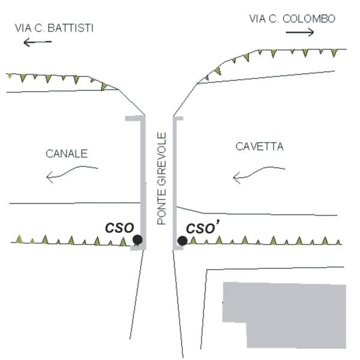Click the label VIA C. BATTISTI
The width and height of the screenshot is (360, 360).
54,28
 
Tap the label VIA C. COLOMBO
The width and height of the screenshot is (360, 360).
292,19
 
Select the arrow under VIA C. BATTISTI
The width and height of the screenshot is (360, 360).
38,42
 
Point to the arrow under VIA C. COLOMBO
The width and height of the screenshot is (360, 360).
300,32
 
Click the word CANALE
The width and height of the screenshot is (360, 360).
67,154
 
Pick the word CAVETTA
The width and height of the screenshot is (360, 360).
259,146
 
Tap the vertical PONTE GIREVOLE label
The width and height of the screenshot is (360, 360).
161,178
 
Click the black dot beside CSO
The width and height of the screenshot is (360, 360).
137,239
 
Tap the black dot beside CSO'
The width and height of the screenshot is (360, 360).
182,241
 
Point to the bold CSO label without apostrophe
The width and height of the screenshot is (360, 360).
119,228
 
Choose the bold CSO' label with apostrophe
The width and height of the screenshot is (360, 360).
203,227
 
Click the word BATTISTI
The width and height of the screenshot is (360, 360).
70,28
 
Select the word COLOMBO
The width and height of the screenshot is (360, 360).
309,19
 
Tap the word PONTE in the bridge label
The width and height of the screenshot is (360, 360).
161,209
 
